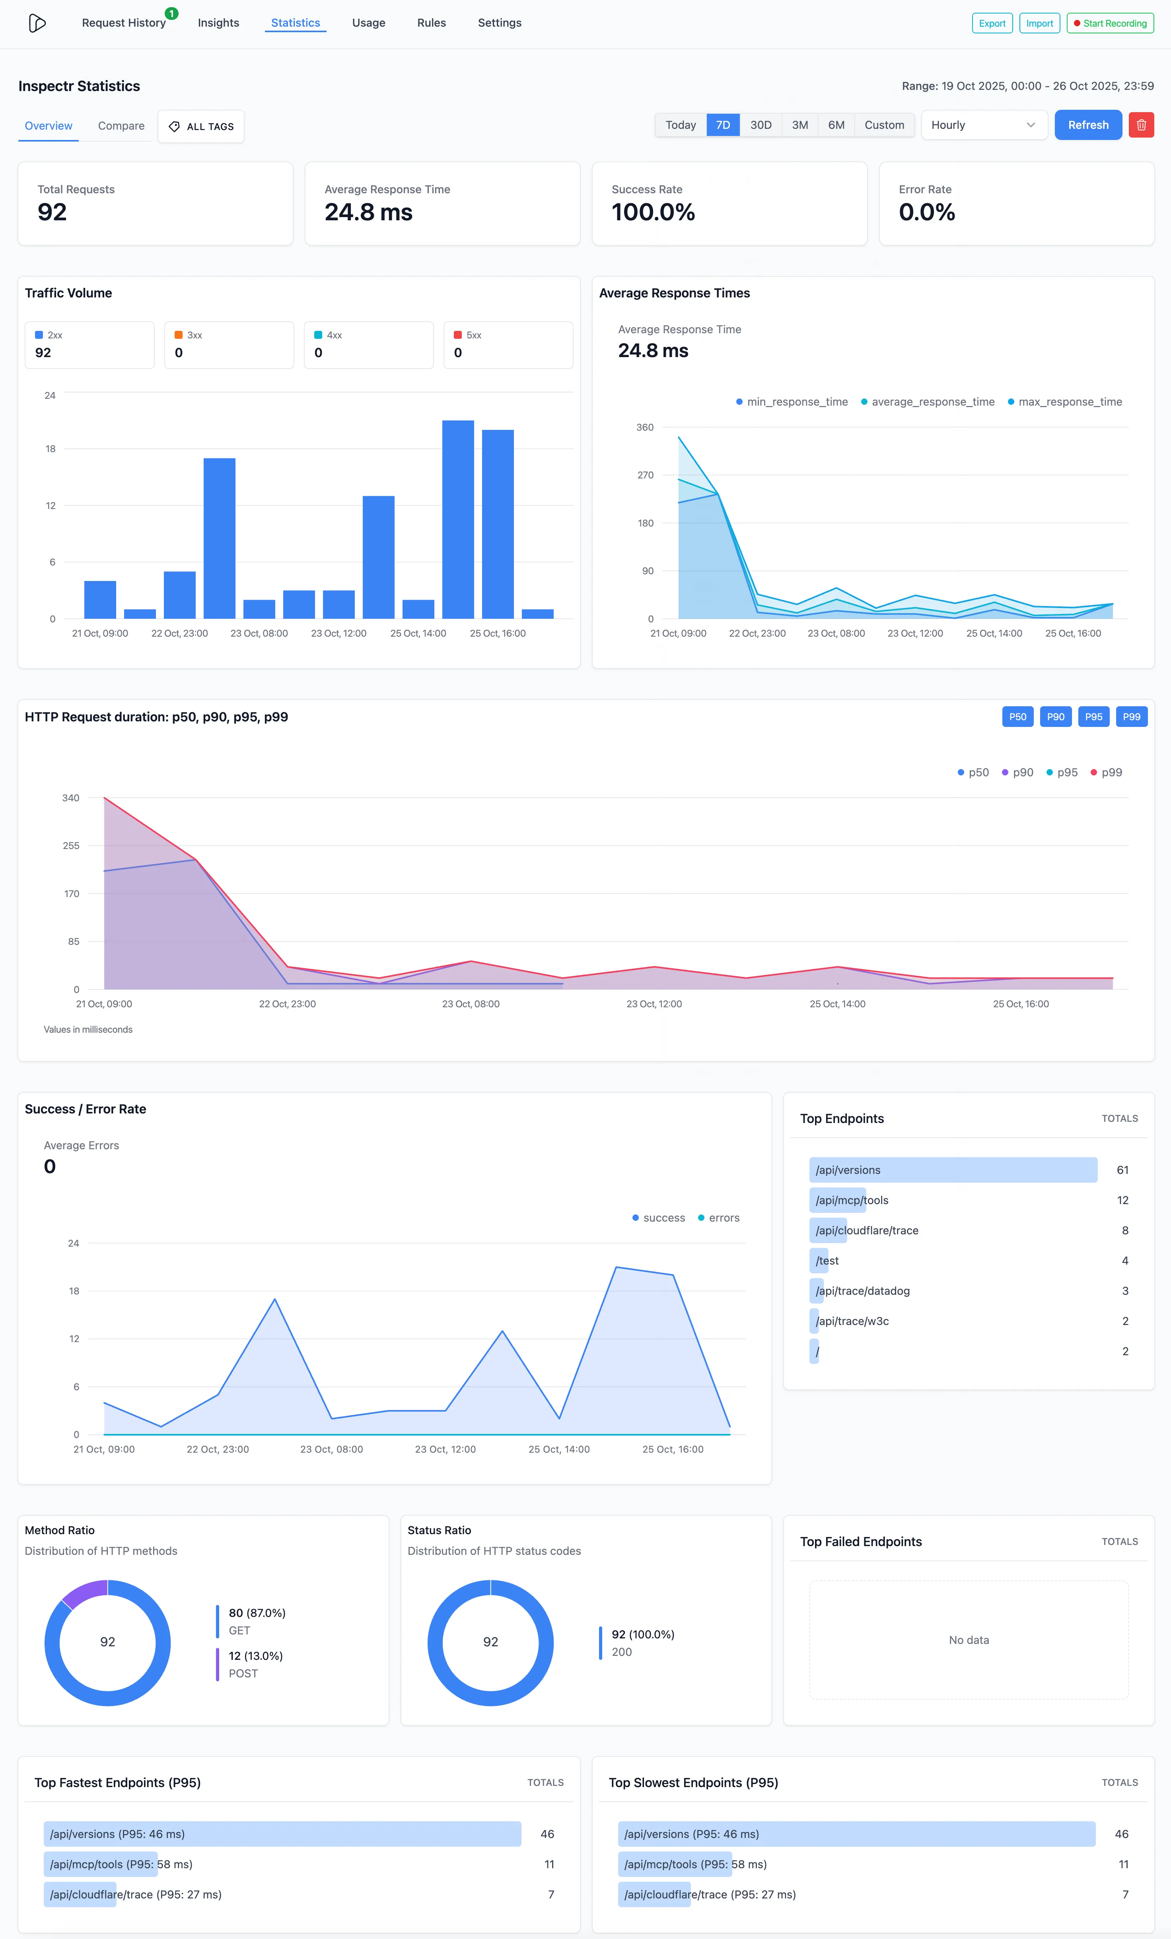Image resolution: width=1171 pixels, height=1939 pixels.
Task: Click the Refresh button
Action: tap(1087, 125)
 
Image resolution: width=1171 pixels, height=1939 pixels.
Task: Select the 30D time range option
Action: tap(760, 125)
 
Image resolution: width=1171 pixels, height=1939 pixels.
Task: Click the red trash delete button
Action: tap(1141, 125)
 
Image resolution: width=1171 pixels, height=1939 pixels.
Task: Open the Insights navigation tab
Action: tap(218, 23)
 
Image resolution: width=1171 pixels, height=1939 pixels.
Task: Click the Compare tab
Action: tap(121, 126)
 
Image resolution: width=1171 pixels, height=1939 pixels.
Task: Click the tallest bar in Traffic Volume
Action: tap(458, 519)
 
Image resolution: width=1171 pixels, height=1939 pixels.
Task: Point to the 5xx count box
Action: tap(508, 345)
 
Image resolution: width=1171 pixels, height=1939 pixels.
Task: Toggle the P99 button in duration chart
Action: tap(1131, 717)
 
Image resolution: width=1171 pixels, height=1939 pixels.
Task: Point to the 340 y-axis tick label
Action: tap(71, 798)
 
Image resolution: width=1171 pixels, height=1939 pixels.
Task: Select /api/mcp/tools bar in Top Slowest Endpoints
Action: tap(695, 1864)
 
